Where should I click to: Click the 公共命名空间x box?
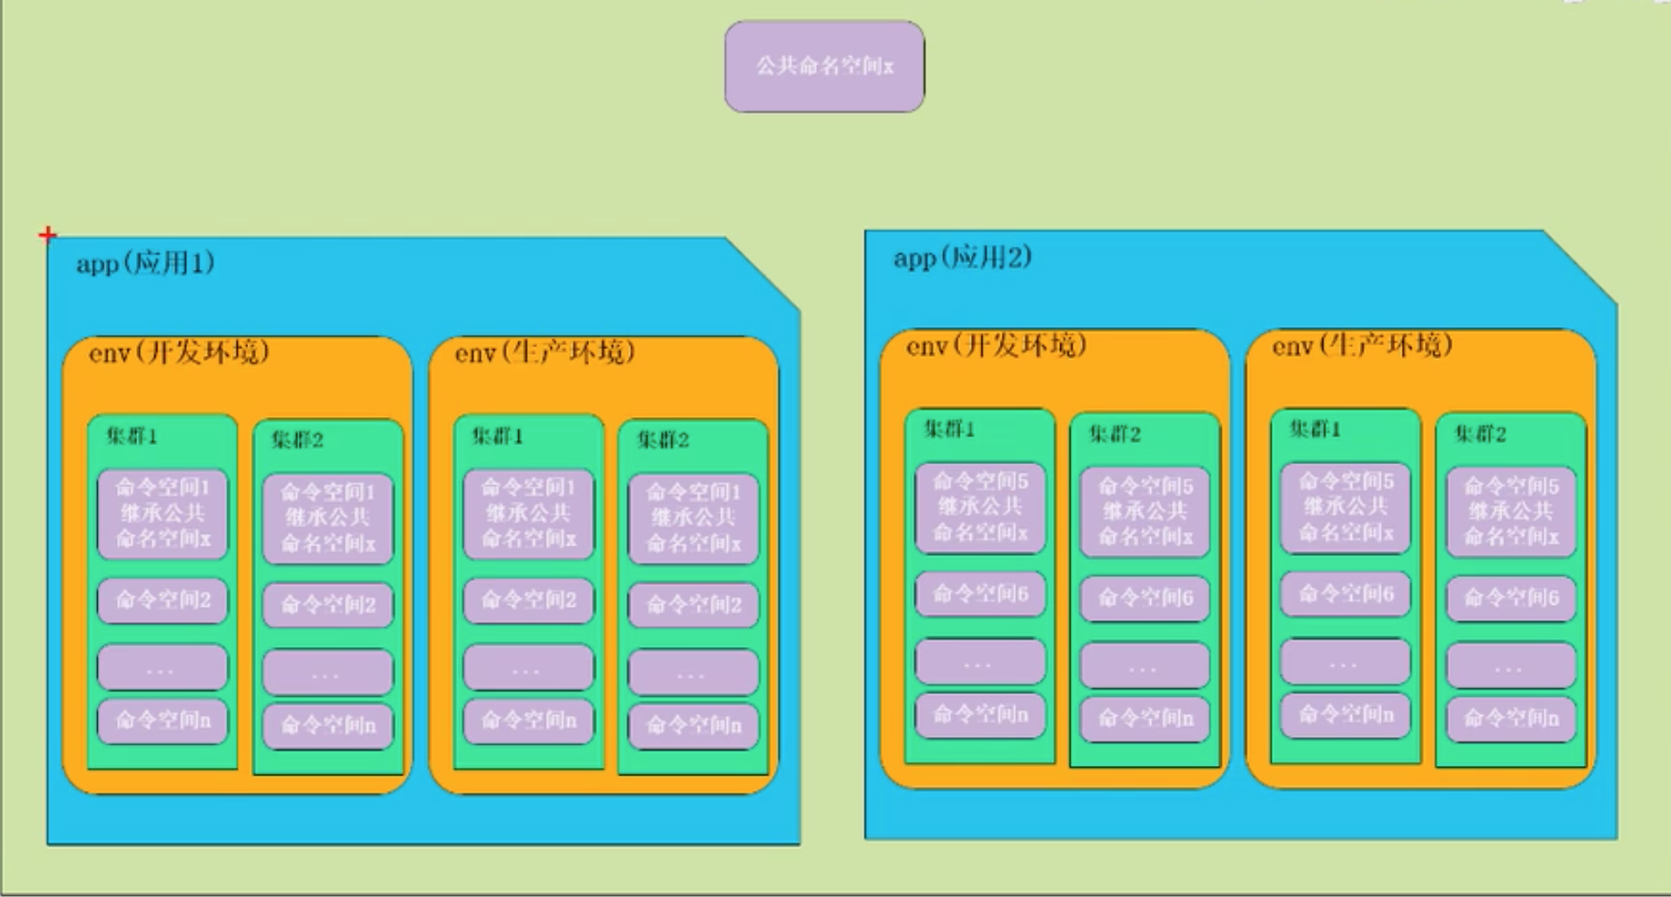point(824,66)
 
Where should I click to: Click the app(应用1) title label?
point(145,263)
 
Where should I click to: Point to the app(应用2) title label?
point(962,257)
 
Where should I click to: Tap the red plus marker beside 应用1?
point(48,234)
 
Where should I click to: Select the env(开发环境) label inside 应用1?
point(179,352)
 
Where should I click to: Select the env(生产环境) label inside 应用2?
point(1362,346)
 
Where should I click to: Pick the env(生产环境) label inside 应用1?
point(544,352)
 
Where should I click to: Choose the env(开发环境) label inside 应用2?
point(996,346)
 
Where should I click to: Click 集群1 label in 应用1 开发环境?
point(132,435)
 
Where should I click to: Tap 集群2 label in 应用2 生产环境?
point(1480,434)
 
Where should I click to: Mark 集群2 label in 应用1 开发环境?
point(297,440)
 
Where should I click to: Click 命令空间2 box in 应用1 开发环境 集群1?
point(163,600)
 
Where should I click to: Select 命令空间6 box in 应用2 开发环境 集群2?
point(1145,597)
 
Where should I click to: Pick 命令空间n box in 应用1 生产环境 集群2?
point(693,725)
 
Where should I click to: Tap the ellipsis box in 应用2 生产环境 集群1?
point(1345,663)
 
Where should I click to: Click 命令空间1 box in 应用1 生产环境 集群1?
point(528,513)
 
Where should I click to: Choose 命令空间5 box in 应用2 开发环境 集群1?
point(980,507)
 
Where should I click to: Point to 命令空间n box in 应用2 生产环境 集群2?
point(1511,719)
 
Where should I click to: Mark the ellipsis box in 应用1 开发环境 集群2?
point(328,672)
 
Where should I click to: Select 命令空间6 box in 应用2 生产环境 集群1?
point(1345,595)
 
